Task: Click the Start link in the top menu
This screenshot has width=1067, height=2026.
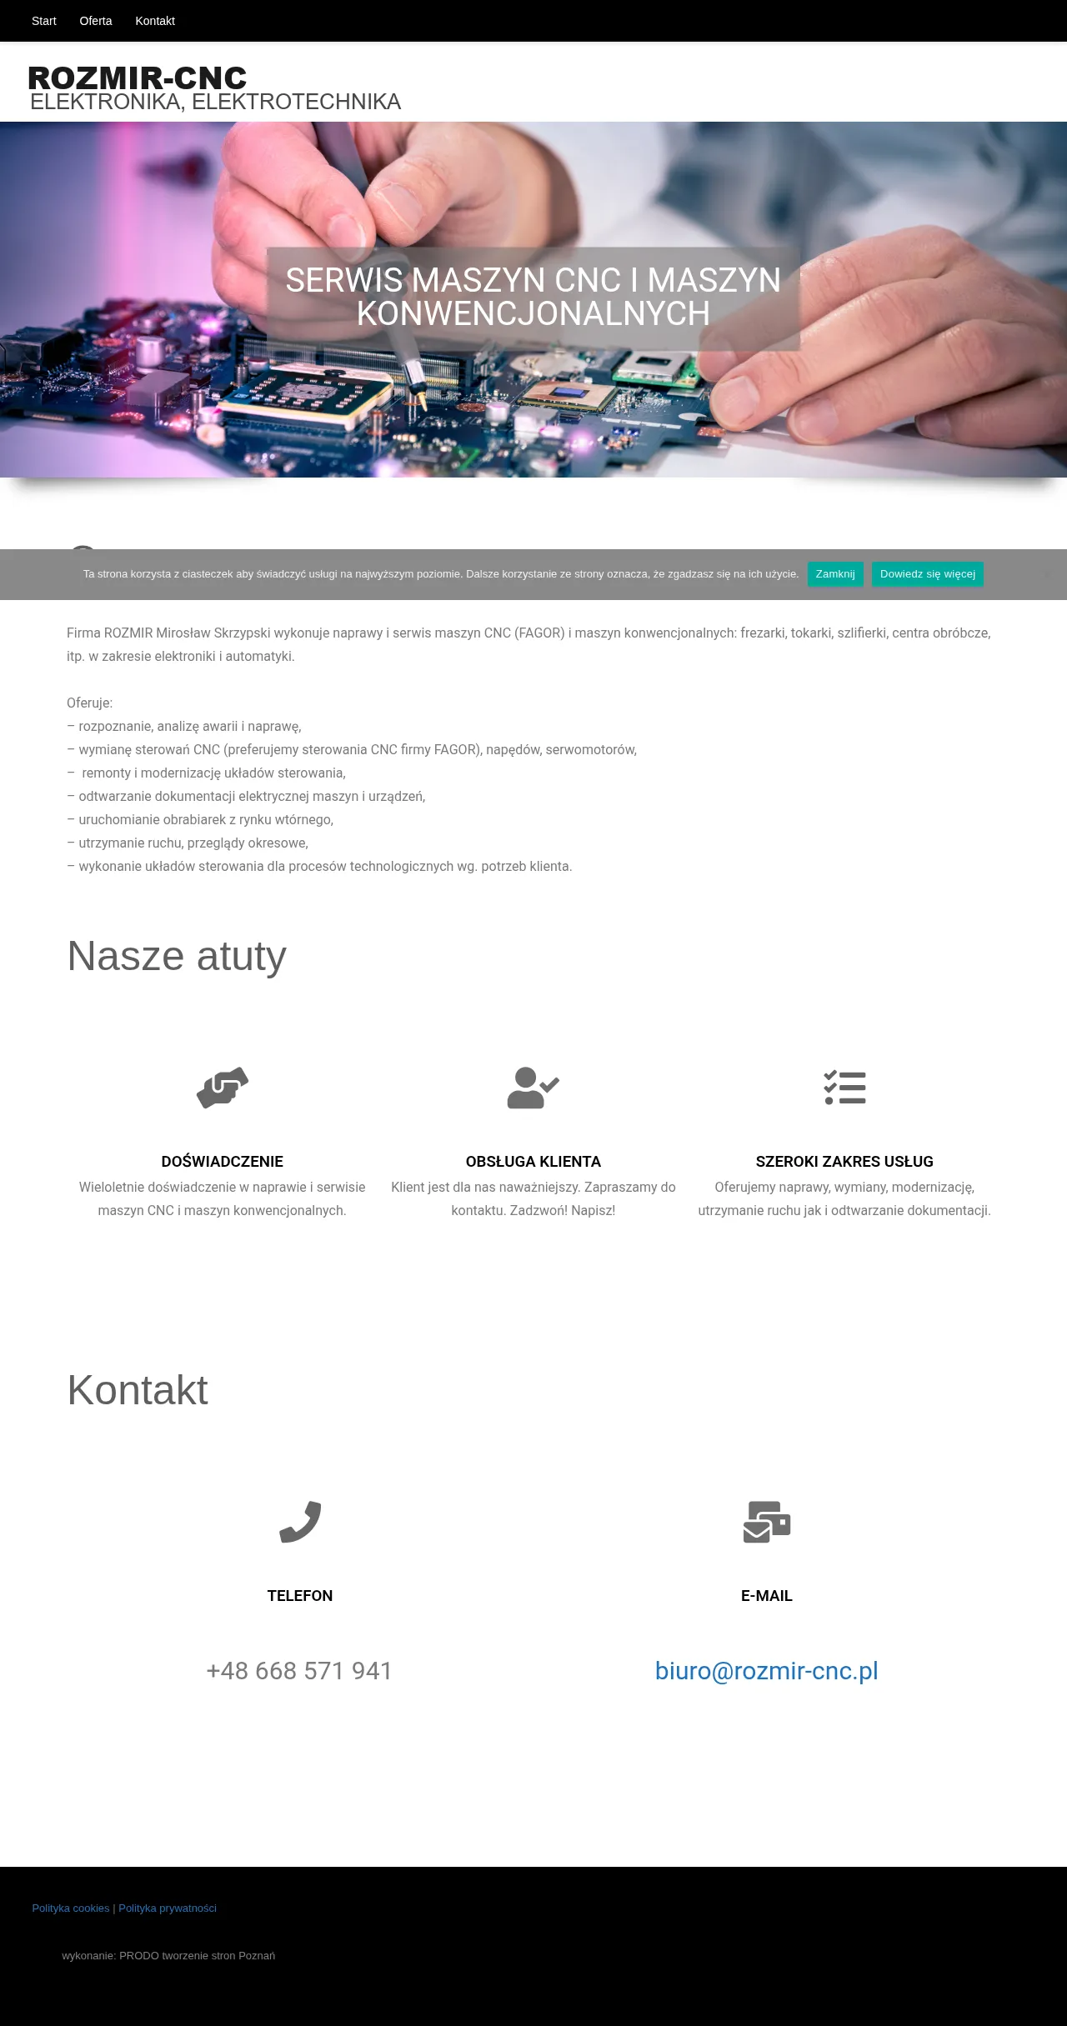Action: click(43, 21)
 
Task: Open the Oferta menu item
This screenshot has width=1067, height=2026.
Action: click(96, 21)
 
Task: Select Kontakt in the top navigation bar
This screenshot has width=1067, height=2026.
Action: click(155, 21)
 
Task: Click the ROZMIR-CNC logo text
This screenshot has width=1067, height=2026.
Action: click(138, 78)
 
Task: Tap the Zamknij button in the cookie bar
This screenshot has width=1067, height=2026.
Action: click(835, 574)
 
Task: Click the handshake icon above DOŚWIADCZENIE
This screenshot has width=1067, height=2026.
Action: click(223, 1088)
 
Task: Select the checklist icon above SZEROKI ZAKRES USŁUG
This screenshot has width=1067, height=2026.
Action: click(844, 1088)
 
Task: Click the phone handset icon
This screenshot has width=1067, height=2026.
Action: click(300, 1522)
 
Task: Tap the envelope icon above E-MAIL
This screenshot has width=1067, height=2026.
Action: click(767, 1522)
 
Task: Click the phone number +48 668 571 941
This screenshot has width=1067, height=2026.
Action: click(299, 1671)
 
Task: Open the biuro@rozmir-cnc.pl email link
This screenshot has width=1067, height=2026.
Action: click(767, 1671)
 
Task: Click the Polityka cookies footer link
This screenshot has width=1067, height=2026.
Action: click(71, 1908)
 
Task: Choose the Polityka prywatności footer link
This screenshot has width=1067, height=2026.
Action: click(168, 1908)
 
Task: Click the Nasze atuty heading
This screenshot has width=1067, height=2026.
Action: click(177, 956)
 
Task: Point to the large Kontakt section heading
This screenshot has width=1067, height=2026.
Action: click(138, 1390)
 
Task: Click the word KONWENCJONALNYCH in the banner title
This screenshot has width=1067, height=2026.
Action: click(533, 314)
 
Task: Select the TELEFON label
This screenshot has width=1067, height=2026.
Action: click(300, 1596)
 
